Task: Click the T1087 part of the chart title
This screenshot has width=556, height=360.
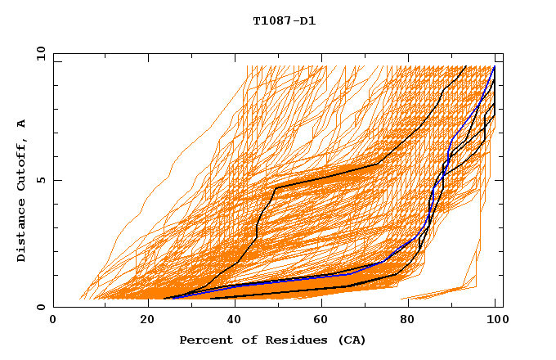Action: [269, 20]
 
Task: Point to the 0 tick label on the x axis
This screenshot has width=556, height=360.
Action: [53, 320]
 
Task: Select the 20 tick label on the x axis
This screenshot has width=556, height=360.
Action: [141, 320]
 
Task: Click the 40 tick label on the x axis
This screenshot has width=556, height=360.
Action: [230, 320]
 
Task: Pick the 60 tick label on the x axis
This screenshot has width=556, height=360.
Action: [318, 320]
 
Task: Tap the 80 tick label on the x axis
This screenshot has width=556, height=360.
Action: [406, 320]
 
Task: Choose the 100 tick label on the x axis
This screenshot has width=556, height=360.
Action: [495, 320]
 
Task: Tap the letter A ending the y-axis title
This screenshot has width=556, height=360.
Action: [22, 124]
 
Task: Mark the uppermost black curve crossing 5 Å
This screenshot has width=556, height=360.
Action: [327, 176]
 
